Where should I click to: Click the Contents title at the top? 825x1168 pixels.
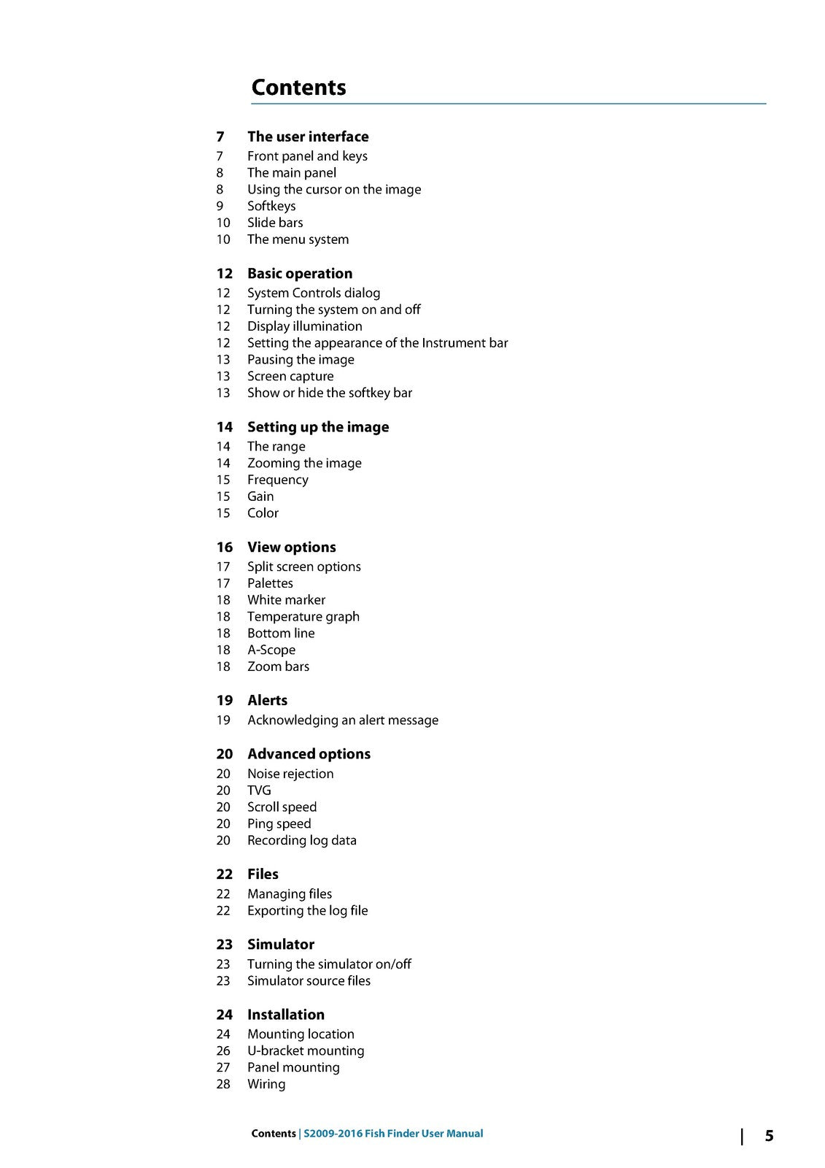point(298,88)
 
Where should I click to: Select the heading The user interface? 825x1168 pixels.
point(308,137)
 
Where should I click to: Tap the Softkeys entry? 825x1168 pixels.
point(271,206)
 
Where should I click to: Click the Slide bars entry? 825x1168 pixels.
point(275,223)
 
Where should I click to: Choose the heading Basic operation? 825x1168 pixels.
point(300,274)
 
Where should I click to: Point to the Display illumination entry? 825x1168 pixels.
point(304,326)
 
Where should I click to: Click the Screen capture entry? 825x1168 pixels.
point(290,376)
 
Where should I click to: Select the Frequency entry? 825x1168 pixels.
point(277,480)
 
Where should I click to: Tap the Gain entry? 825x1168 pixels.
point(260,496)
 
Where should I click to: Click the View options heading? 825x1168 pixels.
point(292,547)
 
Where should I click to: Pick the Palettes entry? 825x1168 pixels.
point(270,583)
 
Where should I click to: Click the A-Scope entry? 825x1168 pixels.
point(271,650)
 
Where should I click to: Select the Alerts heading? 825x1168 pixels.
point(267,701)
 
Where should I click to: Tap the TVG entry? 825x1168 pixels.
point(259,791)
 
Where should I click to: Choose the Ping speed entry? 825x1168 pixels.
point(279,823)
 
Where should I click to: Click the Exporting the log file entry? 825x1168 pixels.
point(307,910)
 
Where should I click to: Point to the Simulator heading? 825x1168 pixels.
point(281,945)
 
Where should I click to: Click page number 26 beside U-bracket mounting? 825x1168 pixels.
point(223,1051)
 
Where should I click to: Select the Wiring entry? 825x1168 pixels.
point(266,1084)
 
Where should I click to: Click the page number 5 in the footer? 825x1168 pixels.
point(769,1136)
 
